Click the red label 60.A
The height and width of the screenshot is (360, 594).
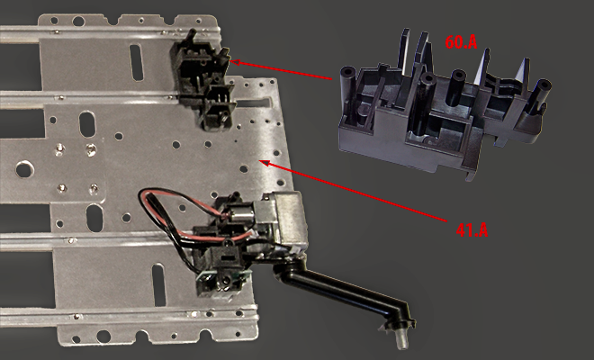coord(461,42)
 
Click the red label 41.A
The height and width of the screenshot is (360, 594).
coord(472,230)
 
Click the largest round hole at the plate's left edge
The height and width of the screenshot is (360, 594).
coord(24,169)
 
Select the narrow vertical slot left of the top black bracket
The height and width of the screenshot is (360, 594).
coord(137,62)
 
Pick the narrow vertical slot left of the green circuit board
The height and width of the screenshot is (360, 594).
coord(158,285)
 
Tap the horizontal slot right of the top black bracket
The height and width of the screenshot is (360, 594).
coord(253,102)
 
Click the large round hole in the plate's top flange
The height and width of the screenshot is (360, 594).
coord(79,22)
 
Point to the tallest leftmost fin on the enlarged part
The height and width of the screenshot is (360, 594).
coord(405,51)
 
